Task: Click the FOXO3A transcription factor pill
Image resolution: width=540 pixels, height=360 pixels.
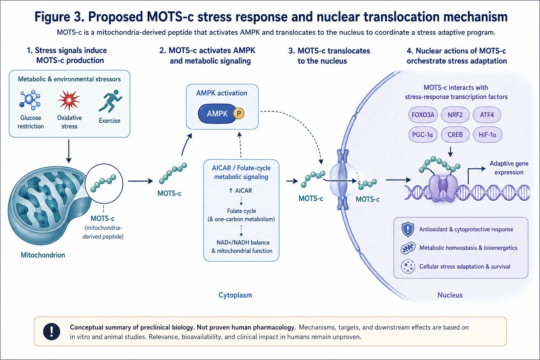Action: (423, 115)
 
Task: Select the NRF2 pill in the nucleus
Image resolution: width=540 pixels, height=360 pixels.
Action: (455, 115)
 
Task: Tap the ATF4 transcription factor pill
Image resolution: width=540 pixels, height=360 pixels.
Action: (487, 115)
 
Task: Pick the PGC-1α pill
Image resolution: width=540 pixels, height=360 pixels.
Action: (423, 135)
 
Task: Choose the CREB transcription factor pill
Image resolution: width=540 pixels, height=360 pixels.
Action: (455, 135)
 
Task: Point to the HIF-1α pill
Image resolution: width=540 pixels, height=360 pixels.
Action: (488, 135)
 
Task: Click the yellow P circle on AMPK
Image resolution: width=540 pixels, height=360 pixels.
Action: (239, 114)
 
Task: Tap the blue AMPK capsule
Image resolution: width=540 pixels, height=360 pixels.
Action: (218, 114)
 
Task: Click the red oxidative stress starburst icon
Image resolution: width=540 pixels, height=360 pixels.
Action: (69, 100)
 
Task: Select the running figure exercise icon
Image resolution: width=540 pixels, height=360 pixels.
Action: (110, 101)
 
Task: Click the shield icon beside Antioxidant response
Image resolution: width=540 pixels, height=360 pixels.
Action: (408, 229)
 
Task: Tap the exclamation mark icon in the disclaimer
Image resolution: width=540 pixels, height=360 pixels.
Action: (52, 332)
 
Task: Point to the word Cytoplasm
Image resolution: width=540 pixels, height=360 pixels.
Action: (235, 295)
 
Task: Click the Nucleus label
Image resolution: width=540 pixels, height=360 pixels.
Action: (450, 295)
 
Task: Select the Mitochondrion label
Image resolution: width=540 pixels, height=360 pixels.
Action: (43, 255)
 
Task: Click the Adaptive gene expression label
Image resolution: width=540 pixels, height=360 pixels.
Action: (509, 168)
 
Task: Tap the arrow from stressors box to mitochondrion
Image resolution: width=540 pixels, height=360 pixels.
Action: (69, 151)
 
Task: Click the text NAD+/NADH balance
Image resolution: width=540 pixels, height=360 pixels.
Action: (243, 242)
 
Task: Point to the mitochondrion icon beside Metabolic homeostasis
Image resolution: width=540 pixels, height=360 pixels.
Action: (408, 248)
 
